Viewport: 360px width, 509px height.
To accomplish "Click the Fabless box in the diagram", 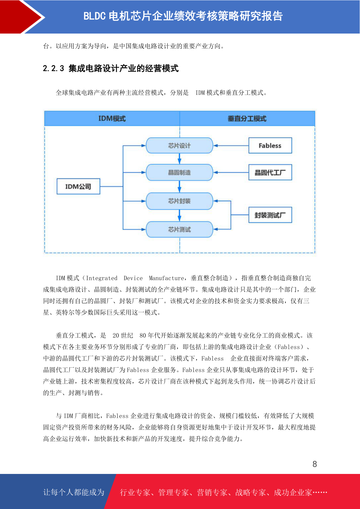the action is coord(270,145).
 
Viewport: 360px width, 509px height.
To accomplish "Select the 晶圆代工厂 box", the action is coord(270,172).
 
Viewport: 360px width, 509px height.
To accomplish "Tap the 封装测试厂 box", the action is coord(270,215).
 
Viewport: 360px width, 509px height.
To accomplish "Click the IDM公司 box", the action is coord(78,186).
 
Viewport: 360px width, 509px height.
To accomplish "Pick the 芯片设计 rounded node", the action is coord(179,145).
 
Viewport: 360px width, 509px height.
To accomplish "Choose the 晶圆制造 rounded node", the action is coord(179,173).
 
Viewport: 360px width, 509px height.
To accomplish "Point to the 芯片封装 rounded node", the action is coord(179,201).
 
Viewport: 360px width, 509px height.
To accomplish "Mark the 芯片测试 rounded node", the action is coord(179,229).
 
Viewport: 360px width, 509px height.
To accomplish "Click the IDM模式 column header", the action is coord(112,118).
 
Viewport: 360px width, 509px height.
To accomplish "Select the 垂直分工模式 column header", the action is coord(247,118).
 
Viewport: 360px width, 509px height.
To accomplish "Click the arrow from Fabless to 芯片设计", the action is coord(231,145).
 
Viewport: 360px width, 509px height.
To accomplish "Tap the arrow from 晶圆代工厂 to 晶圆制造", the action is coord(231,173).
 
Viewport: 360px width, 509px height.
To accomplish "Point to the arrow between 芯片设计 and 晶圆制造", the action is coord(179,159).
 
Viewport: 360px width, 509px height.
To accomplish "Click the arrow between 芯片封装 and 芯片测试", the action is coord(179,216).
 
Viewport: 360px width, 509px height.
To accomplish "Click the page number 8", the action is coord(315,464).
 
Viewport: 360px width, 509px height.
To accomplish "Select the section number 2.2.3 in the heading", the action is coord(54,68).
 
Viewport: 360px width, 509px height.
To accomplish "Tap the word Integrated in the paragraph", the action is coord(102,278).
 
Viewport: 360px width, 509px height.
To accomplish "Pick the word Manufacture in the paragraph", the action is coord(167,278).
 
